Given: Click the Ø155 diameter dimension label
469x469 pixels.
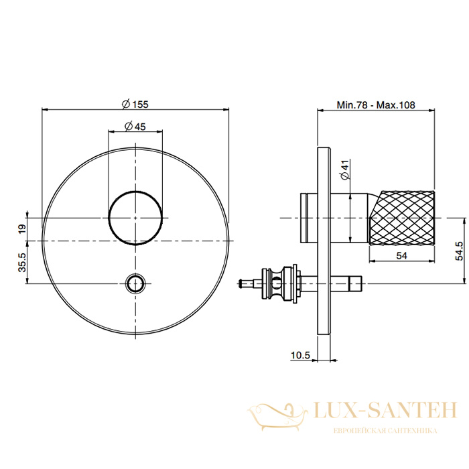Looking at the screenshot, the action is coord(135,104).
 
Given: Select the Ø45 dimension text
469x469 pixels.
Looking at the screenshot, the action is coord(135,127).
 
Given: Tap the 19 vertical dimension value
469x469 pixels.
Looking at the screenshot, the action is coord(22,229).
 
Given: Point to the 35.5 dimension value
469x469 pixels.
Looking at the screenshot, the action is coord(22,263).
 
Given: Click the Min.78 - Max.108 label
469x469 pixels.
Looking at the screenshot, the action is coord(376,105).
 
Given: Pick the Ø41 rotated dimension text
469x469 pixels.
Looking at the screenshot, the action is coord(345,170).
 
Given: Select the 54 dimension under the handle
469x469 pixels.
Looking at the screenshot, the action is coord(401,256).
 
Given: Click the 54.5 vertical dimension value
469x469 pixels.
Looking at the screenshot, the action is coord(460,251).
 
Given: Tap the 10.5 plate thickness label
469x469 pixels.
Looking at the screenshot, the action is coord(301,355).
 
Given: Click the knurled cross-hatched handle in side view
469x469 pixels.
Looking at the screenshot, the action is coord(402,218).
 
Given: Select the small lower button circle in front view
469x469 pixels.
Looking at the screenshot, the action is coord(135,283).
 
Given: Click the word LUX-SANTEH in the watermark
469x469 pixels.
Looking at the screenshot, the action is coord(385,410).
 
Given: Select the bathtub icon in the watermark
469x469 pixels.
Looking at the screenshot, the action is coord(277,417).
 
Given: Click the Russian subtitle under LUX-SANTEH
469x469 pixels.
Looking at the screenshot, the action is coord(385,431).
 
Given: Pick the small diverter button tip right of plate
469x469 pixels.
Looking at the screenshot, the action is coord(355,283).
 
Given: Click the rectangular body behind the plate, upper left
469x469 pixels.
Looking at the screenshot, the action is coord(309,218).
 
